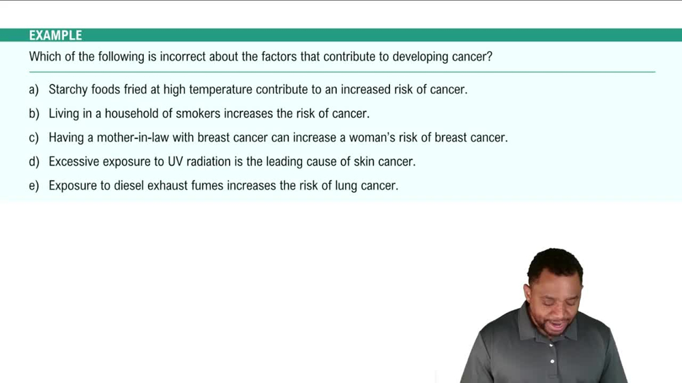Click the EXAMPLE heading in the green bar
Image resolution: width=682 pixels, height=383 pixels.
(55, 35)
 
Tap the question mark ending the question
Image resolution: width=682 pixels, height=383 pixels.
(489, 57)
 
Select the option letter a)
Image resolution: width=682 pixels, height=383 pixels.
(34, 89)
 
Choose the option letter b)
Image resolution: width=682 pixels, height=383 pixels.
(34, 113)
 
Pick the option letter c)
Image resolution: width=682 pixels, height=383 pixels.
(34, 138)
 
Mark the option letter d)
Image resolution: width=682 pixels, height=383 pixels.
(34, 162)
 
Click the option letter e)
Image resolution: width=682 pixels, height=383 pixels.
(34, 185)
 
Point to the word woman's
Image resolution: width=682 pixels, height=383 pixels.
(373, 138)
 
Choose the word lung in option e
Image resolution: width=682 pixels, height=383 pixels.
(346, 185)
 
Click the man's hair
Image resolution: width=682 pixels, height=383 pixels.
(555, 262)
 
